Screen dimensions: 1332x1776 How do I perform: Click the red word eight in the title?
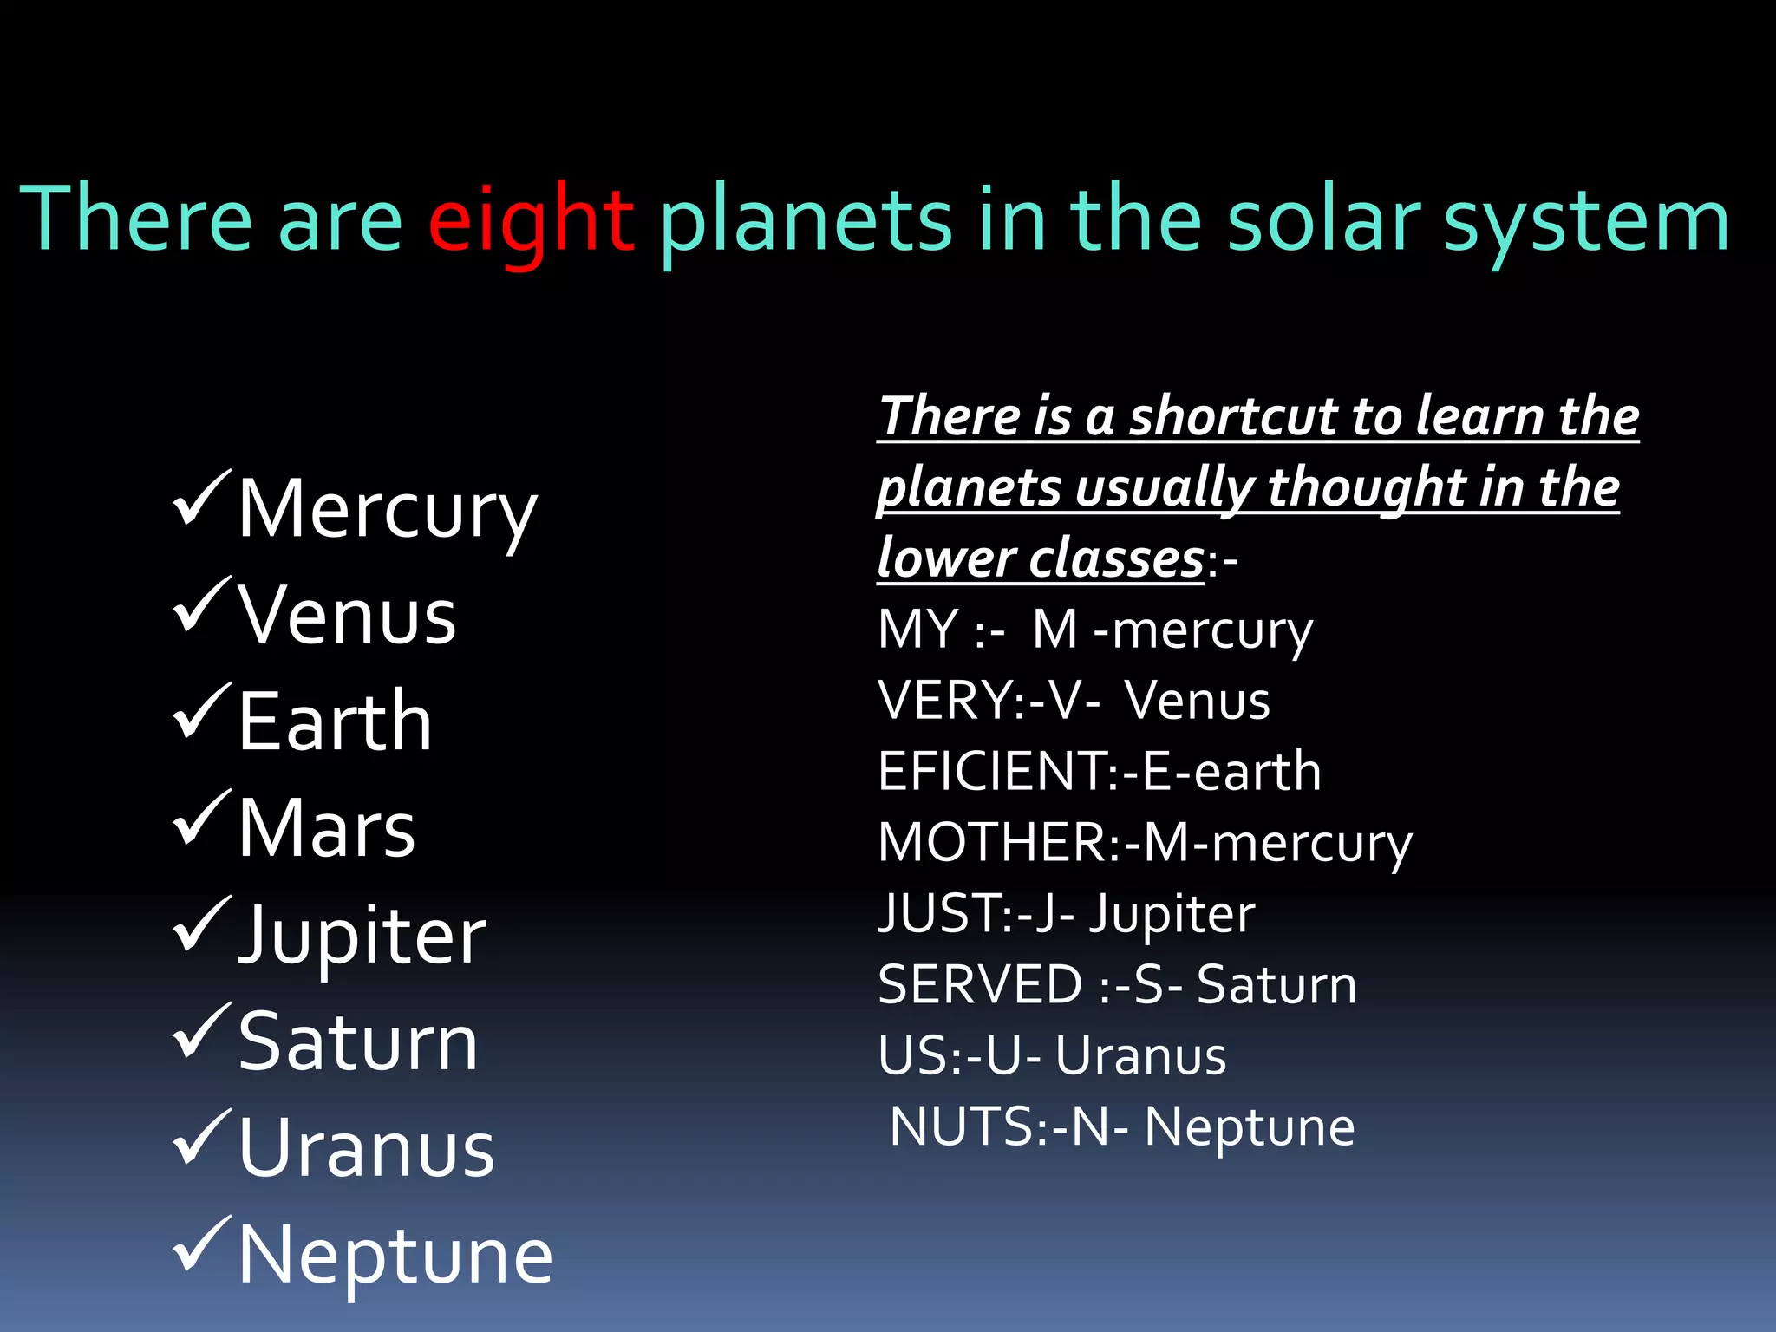(x=531, y=221)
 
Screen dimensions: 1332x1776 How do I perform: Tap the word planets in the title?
(x=805, y=221)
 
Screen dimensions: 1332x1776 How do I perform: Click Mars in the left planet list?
(x=327, y=829)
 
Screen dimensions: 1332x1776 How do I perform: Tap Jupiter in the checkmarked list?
(x=362, y=937)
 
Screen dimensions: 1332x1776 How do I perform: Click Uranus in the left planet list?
(x=366, y=1149)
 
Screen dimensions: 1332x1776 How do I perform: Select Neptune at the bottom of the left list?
(x=395, y=1257)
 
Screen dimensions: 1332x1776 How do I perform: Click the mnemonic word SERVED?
(x=980, y=985)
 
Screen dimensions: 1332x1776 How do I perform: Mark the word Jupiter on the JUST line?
(x=1172, y=914)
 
